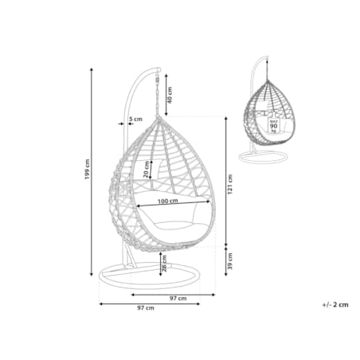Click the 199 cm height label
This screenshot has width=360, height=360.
(88, 169)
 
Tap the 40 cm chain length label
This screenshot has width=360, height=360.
(170, 95)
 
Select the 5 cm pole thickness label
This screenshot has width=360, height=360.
(135, 119)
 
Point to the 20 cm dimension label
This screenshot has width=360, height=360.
(147, 170)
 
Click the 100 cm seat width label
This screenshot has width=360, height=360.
(168, 201)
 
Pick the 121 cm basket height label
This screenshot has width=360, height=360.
(230, 184)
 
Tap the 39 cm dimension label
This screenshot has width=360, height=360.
(230, 261)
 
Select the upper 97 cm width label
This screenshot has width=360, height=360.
(178, 299)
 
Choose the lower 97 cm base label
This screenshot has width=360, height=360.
(146, 308)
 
